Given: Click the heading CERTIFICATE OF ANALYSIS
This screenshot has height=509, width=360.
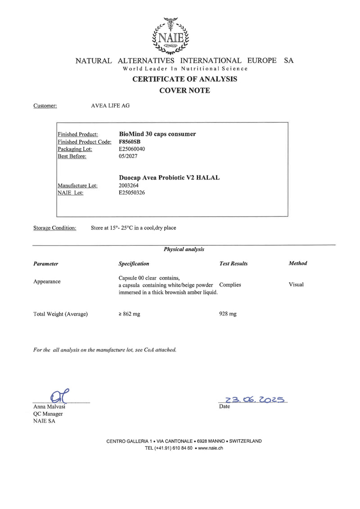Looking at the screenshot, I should click(184, 79).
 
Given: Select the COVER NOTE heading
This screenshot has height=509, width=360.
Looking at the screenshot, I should click(184, 90).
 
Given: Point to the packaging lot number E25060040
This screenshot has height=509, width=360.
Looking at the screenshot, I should click(132, 149).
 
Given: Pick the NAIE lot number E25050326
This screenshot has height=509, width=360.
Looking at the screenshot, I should click(132, 192).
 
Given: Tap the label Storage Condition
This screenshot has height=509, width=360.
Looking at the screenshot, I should click(55, 228).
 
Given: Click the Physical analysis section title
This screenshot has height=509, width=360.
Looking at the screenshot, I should click(184, 249).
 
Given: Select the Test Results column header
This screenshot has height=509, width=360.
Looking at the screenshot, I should click(233, 264).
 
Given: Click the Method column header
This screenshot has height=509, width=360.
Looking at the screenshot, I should click(297, 263).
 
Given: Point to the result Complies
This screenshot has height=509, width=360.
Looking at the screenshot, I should click(230, 285).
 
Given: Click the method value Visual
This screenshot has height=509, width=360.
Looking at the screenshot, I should click(296, 284).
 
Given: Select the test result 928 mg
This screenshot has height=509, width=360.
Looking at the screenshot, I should click(227, 314).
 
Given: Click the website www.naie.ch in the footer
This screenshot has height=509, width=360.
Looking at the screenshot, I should click(211, 448).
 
